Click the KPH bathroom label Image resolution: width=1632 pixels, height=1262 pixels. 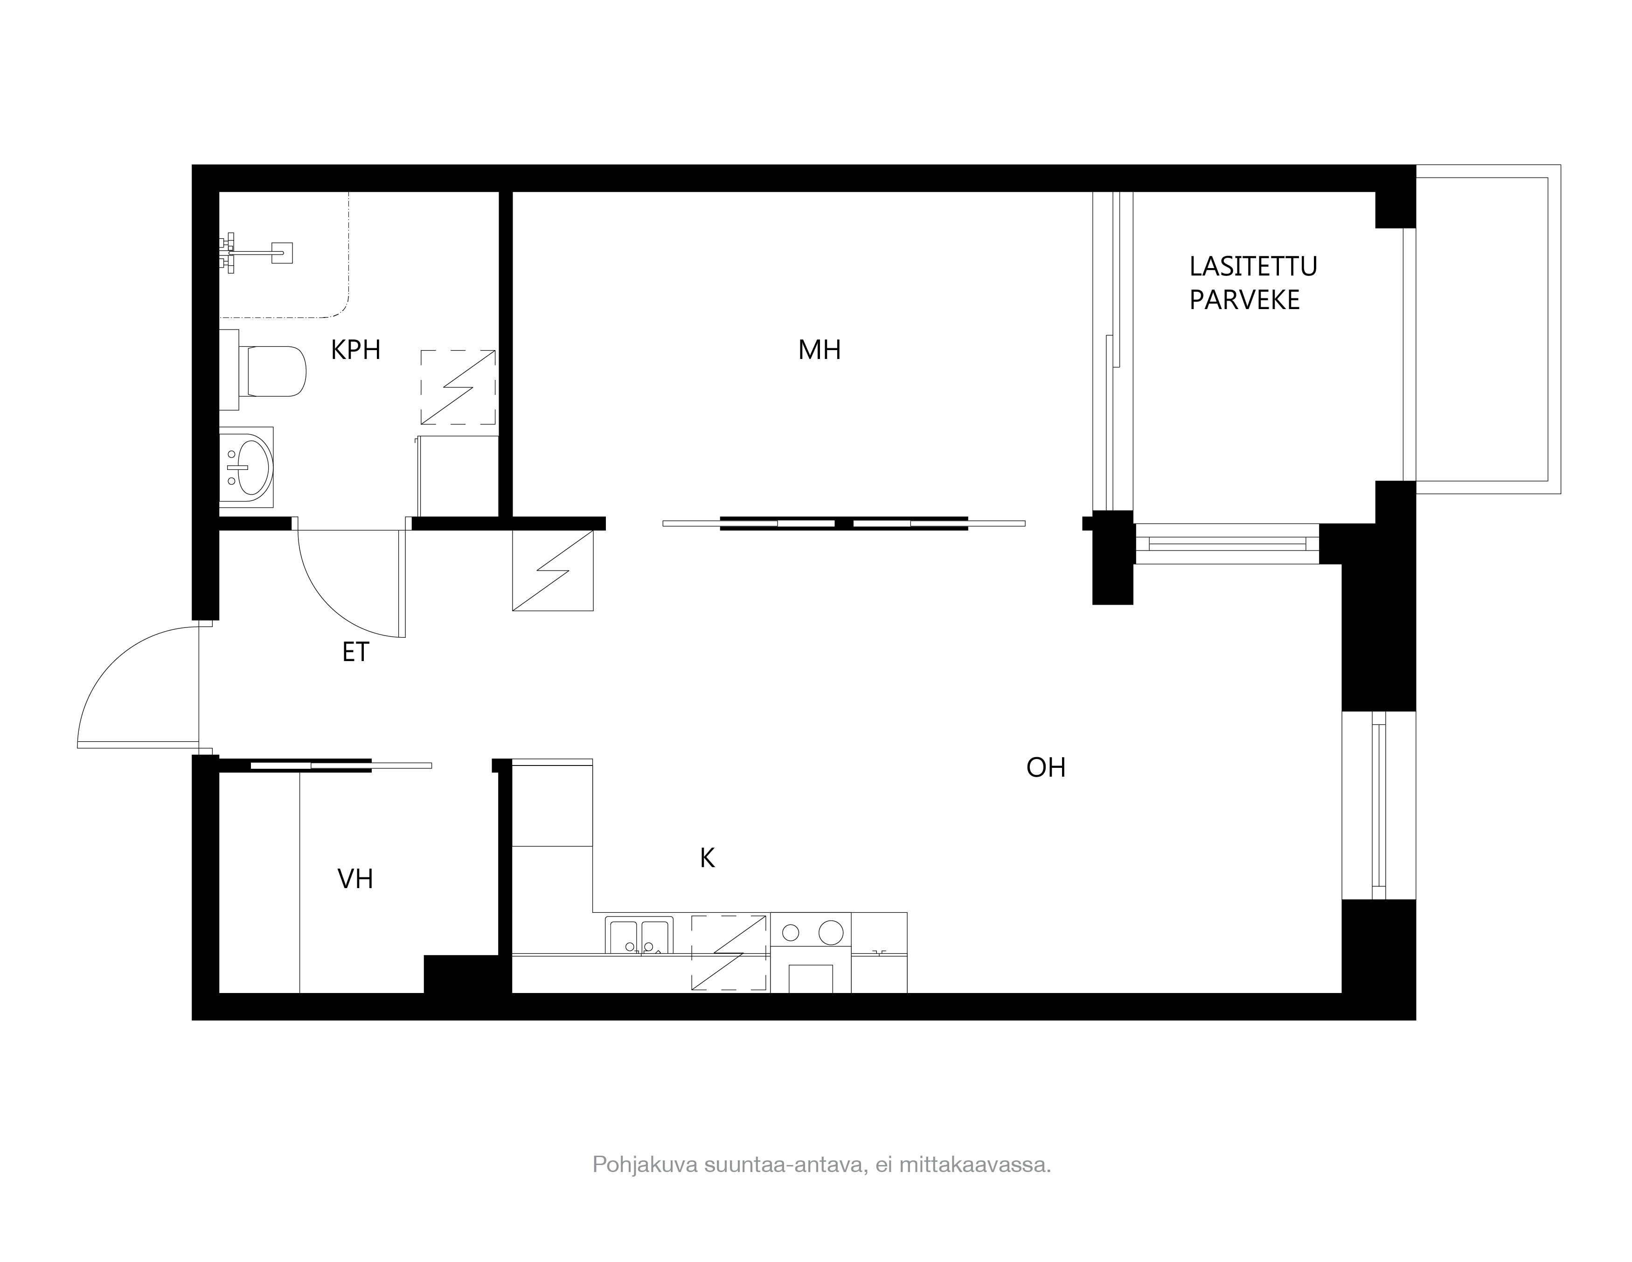click(x=356, y=350)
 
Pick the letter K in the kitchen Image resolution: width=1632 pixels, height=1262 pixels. click(x=707, y=859)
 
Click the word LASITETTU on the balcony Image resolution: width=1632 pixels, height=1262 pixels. click(x=1253, y=267)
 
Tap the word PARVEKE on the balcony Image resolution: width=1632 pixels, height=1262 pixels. click(x=1244, y=300)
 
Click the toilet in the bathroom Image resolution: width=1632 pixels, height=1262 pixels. click(x=269, y=370)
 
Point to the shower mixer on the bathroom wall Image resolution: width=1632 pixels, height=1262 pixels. click(x=254, y=253)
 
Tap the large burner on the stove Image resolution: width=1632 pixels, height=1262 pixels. click(x=831, y=932)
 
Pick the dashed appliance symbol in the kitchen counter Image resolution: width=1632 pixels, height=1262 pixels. click(x=729, y=953)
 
